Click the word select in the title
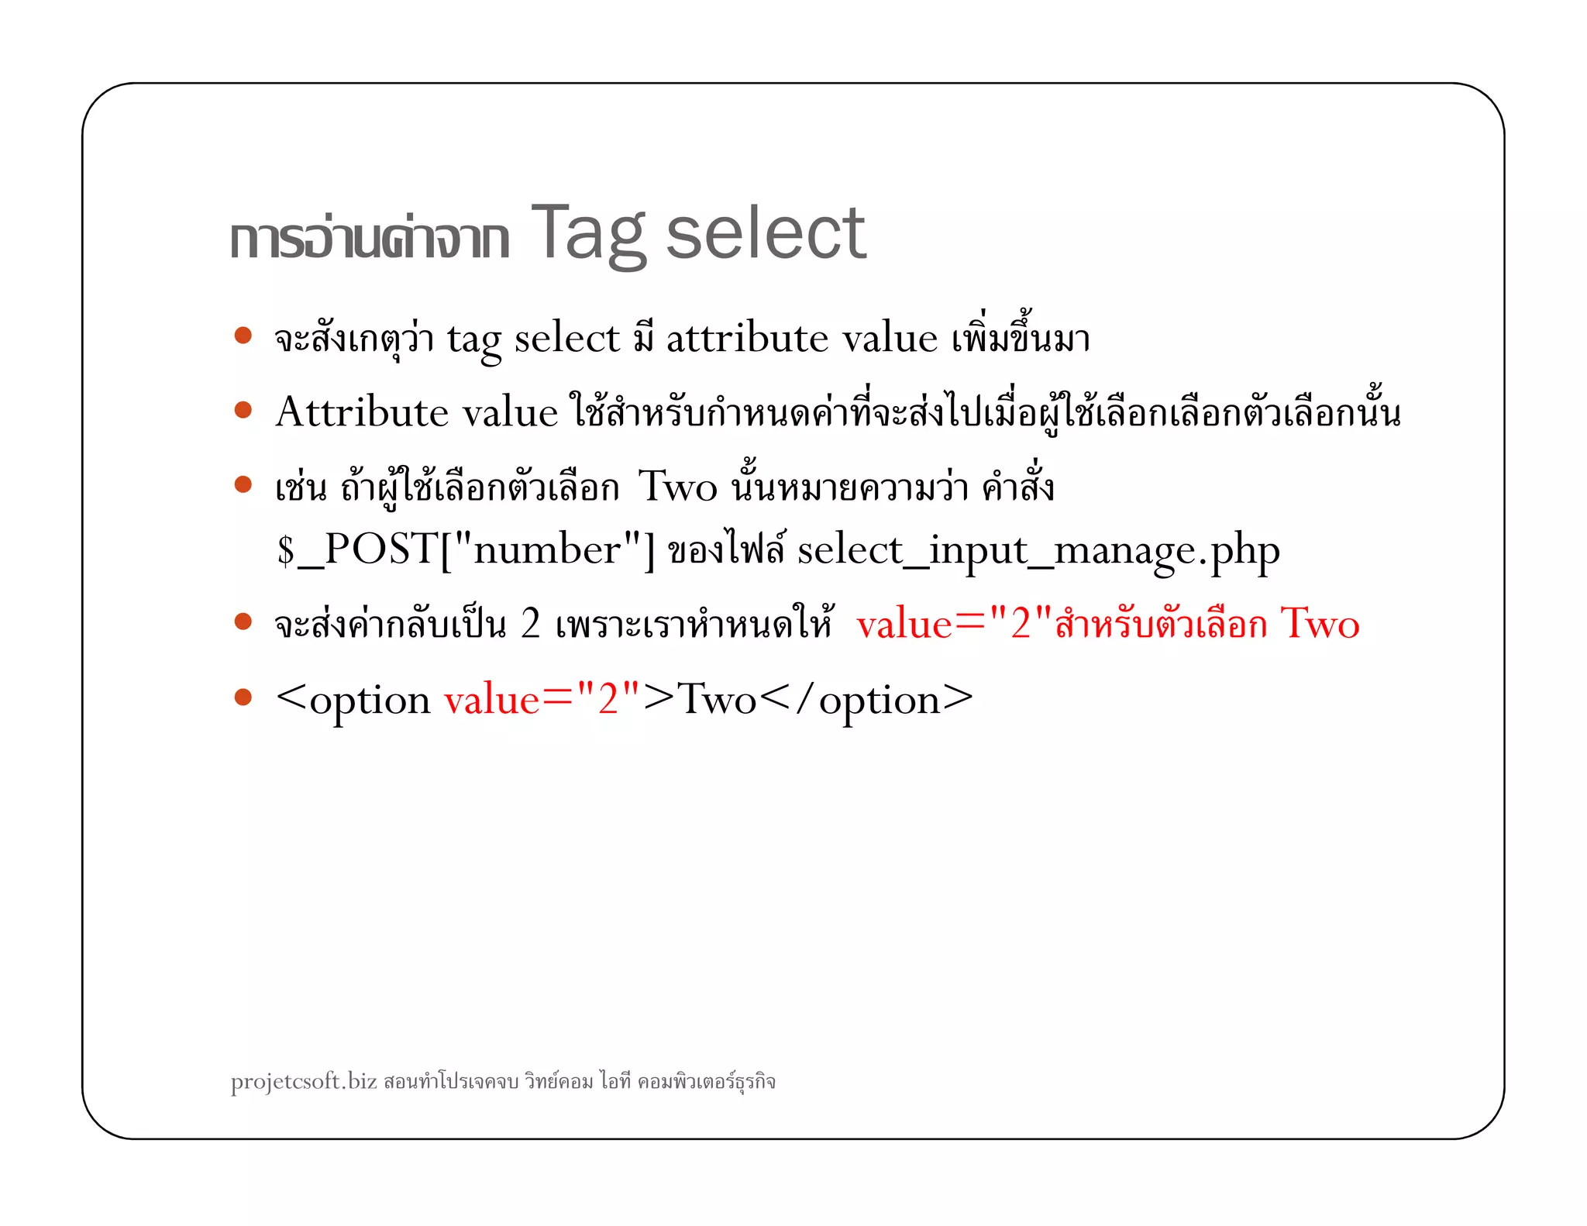765,234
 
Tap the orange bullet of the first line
243,336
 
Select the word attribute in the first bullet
747,339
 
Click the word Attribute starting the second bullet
361,412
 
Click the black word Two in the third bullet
677,487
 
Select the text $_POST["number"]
466,549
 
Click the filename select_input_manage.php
1038,552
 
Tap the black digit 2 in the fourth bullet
531,624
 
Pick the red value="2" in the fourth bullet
955,624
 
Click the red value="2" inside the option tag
542,700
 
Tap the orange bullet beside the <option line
243,697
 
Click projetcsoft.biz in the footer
304,1080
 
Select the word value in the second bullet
510,412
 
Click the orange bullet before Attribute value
243,409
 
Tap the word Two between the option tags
717,700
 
